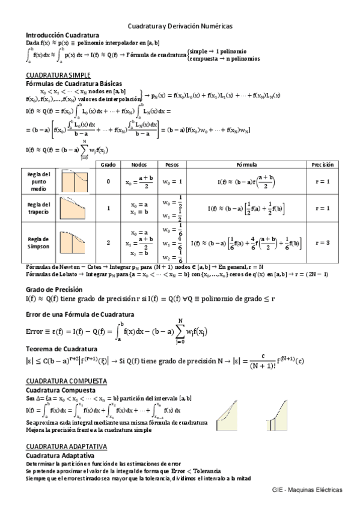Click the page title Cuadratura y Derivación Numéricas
click(x=180, y=26)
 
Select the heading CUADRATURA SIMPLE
click(x=52, y=75)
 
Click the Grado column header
click(x=108, y=164)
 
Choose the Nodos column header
click(x=138, y=164)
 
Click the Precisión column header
click(x=322, y=164)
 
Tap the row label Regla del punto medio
click(x=38, y=182)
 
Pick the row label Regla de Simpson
click(x=38, y=242)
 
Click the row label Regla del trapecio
click(x=38, y=208)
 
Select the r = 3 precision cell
click(x=322, y=243)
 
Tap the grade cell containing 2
click(x=108, y=243)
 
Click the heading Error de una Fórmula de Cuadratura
click(x=79, y=314)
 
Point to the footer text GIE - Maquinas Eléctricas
click(x=307, y=491)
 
